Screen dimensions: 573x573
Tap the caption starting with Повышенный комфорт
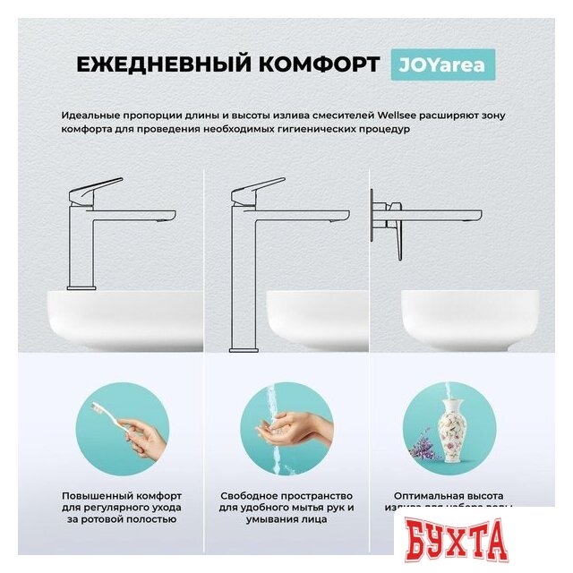pyautogui.click(x=122, y=507)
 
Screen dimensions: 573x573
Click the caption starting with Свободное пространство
pyautogui.click(x=287, y=507)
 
